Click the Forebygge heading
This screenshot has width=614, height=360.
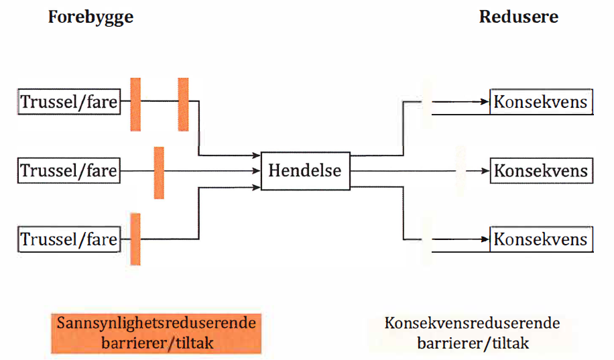90,17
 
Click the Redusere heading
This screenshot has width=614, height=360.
518,17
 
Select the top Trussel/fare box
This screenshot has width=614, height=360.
68,103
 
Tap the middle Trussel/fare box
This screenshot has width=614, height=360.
68,171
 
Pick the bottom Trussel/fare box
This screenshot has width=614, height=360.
68,239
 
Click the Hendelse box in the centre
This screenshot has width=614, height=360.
304,170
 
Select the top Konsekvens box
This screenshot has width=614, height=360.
541,103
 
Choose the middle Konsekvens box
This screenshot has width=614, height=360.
541,171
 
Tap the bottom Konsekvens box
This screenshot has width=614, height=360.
541,239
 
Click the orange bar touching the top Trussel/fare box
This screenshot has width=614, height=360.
135,104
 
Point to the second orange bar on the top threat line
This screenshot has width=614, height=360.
183,104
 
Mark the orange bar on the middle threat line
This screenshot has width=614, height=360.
159,172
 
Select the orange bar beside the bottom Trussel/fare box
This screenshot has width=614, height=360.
135,239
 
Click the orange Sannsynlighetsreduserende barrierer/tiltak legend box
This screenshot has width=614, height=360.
155,333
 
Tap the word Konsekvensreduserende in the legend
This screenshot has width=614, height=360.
472,324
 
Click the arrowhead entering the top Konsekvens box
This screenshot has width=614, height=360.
485,103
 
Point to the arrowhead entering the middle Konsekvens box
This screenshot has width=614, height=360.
485,171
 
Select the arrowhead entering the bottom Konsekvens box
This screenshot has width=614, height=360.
485,239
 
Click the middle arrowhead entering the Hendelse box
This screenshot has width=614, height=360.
257,171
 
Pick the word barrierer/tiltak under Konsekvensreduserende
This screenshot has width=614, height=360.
473,343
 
